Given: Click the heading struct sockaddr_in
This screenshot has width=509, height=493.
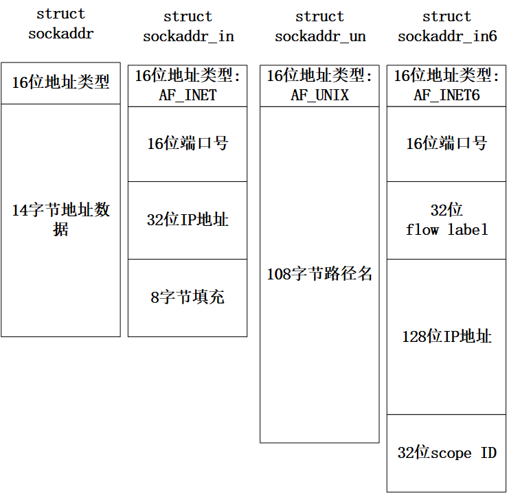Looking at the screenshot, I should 188,26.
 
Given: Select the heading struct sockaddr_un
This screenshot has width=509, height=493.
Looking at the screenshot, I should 320,26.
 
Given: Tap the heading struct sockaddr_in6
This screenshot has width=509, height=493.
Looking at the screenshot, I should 447,26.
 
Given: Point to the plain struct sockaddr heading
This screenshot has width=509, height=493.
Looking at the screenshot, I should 61,23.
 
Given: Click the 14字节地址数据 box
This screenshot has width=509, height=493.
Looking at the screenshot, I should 61,220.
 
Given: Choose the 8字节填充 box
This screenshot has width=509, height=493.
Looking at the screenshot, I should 188,297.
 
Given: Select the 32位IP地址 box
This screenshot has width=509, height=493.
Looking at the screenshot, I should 188,220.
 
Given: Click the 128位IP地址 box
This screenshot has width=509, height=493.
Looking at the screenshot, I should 446,336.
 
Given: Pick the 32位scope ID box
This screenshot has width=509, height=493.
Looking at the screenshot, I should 446,453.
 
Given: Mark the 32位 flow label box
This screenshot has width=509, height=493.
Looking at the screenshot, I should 446,220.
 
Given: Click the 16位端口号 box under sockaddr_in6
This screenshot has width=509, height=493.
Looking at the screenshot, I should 446,144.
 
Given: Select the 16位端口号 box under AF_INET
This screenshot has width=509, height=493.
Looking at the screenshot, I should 188,144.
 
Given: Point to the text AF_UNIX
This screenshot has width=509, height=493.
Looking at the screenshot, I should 319,95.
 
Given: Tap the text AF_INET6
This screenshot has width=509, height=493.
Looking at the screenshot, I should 446,95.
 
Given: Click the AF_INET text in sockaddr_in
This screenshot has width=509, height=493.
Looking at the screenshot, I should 188,95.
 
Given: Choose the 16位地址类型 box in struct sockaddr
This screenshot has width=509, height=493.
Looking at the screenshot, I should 61,83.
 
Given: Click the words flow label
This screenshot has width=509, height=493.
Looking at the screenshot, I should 447,229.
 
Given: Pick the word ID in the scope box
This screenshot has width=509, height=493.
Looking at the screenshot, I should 488,453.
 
